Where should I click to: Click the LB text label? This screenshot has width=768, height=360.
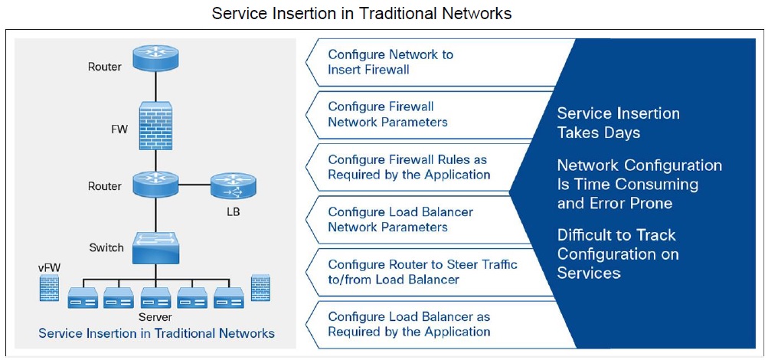pos(233,211)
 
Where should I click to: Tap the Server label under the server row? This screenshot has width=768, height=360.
pos(155,317)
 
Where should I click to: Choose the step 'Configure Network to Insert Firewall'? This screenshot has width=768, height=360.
pos(391,62)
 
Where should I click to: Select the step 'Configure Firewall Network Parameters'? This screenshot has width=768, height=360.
pos(387,114)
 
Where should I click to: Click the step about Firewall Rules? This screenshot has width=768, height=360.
pos(409,167)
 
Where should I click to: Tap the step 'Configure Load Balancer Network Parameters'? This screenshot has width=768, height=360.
pos(400,219)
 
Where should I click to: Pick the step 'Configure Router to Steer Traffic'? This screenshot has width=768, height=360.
pos(422,272)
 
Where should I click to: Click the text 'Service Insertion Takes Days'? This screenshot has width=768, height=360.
pos(618,123)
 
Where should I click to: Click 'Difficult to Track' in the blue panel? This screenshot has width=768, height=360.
pos(616,234)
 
